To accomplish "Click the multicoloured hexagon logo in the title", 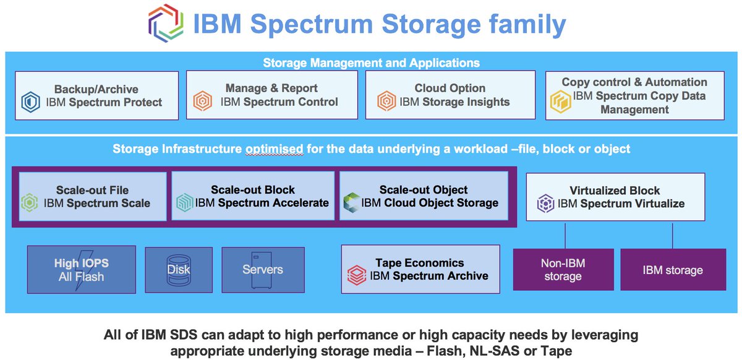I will point(166,24).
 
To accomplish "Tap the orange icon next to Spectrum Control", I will point(202,101).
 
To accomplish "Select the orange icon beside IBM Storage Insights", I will point(386,101).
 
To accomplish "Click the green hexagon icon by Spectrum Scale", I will point(30,203).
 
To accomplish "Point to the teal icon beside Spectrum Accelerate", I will point(184,203).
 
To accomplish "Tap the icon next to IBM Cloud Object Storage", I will point(351,202).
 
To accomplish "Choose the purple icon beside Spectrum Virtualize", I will point(545,203).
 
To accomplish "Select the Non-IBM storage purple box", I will point(563,270).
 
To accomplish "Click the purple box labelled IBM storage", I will point(673,270).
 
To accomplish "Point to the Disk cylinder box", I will point(179,270).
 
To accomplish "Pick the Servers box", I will point(262,270).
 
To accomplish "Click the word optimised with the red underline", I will point(273,149).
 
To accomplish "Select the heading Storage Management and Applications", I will point(371,62).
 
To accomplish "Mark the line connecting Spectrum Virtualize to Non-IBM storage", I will point(565,234).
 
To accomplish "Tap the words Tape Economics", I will point(419,262).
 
